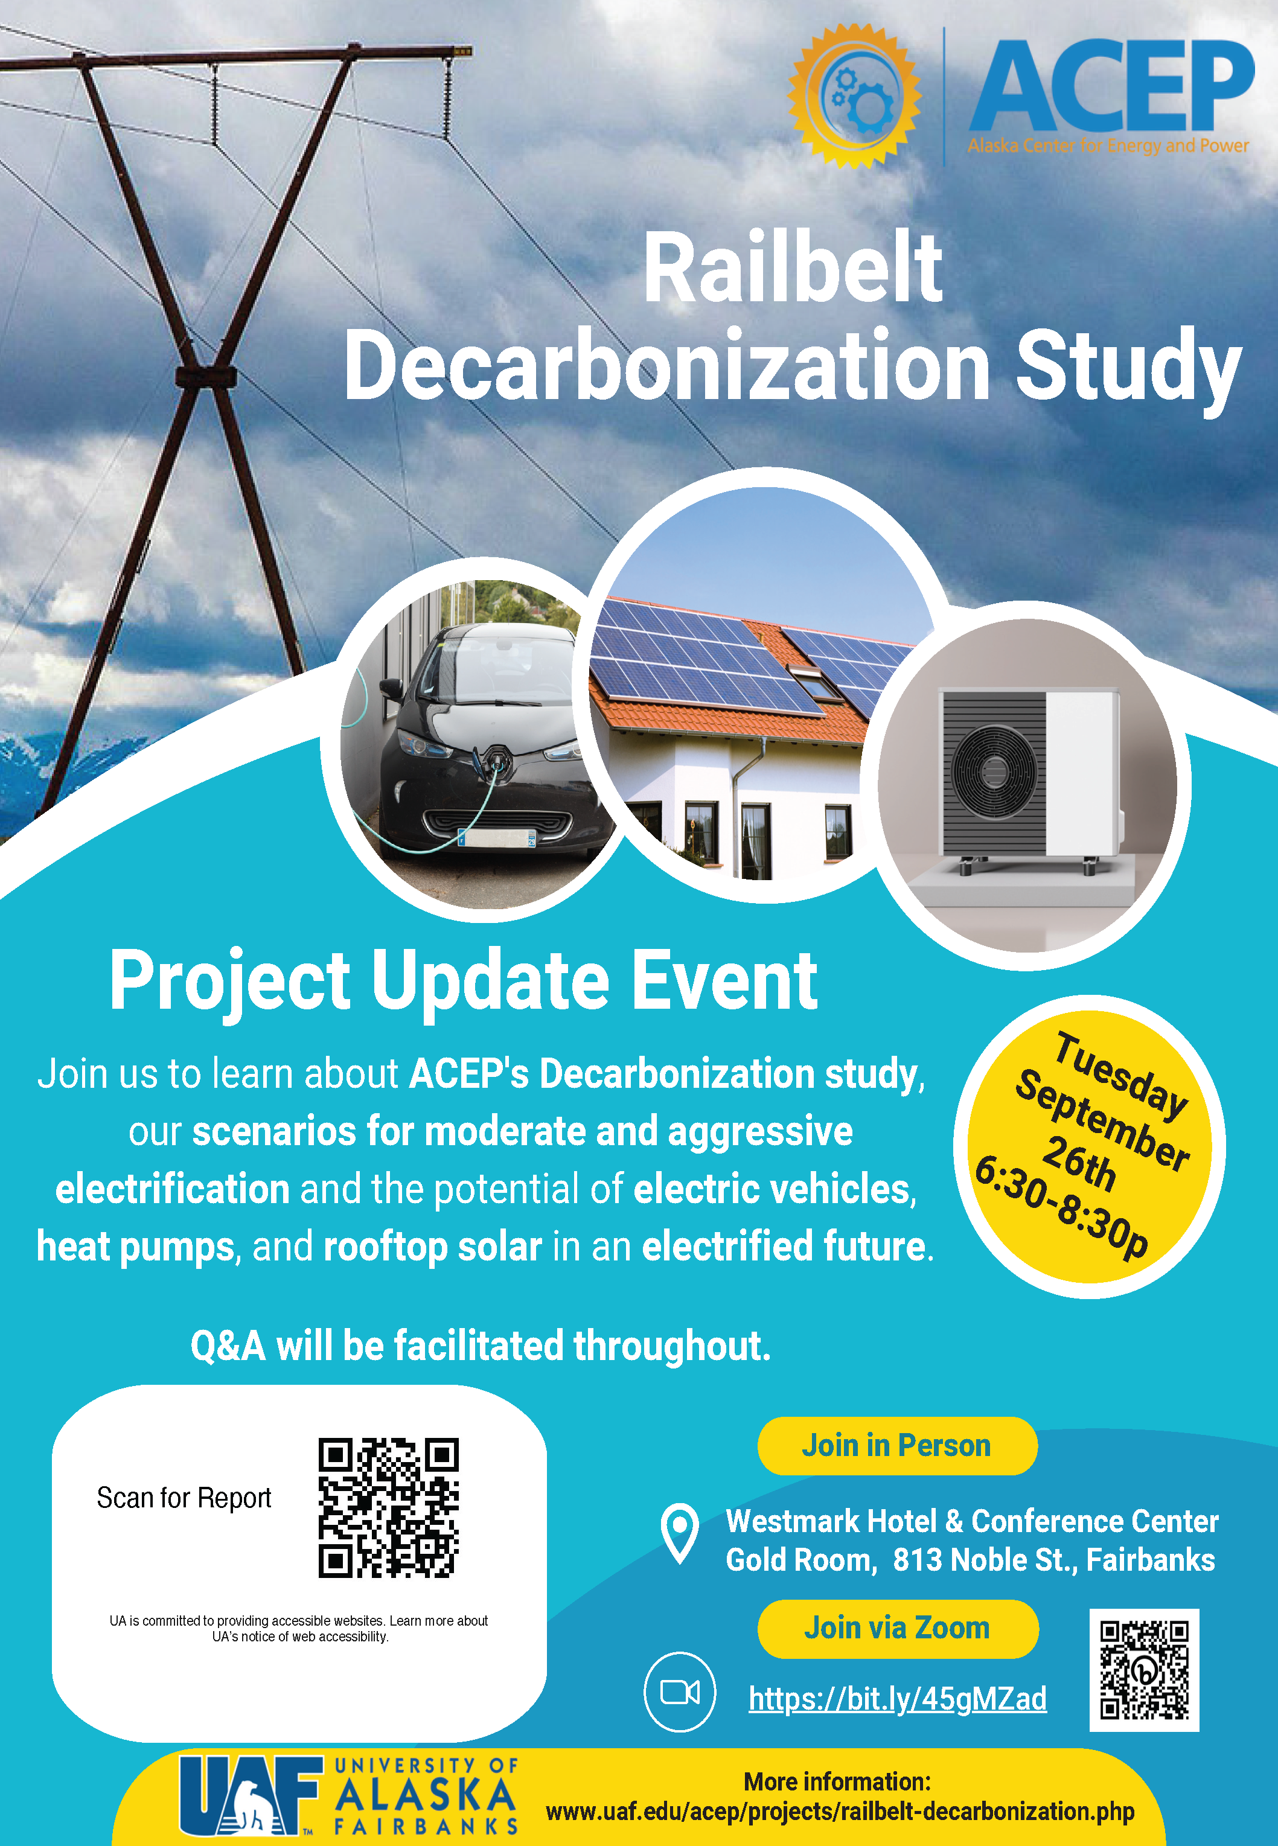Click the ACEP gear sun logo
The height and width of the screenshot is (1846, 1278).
(854, 96)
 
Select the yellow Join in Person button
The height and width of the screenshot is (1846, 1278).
(897, 1446)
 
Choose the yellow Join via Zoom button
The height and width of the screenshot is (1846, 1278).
(898, 1628)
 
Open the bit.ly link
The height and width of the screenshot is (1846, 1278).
(898, 1698)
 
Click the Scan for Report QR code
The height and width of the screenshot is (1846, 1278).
(388, 1508)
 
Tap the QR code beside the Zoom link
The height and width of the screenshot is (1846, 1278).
(1144, 1670)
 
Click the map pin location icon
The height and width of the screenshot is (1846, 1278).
(680, 1533)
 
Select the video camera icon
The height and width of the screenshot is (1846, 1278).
(680, 1691)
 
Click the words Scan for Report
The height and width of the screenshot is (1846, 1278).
(184, 1498)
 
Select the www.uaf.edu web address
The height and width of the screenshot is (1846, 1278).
(840, 1812)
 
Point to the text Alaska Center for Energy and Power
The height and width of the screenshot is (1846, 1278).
(1108, 145)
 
